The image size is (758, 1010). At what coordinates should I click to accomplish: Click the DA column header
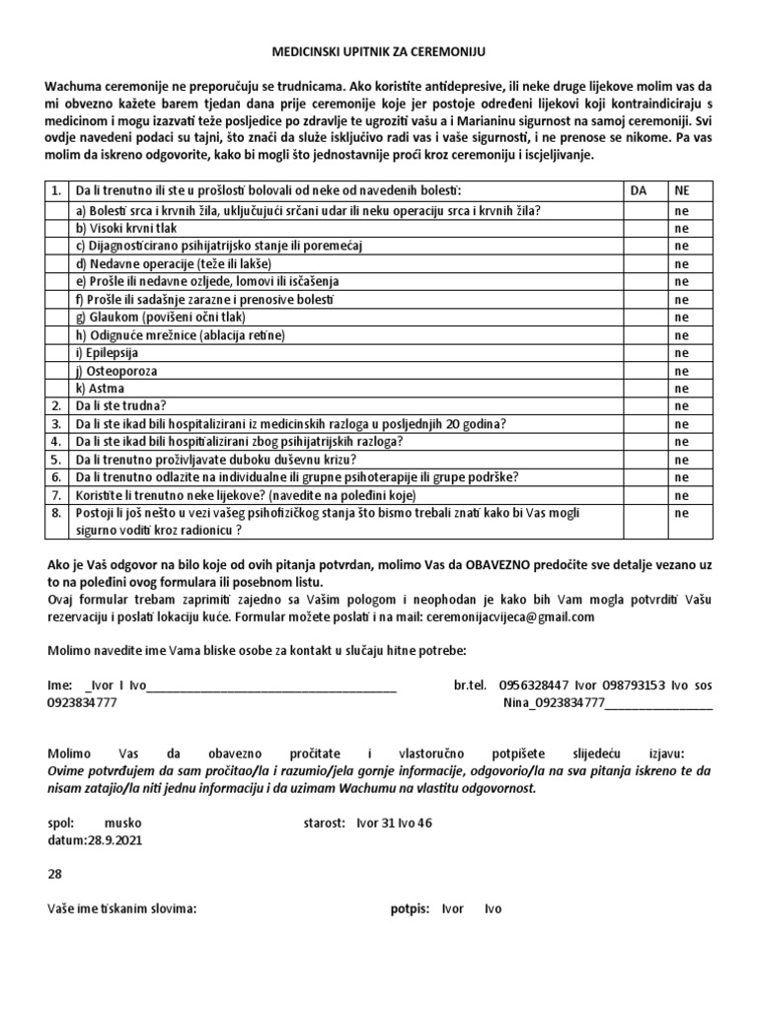(x=638, y=189)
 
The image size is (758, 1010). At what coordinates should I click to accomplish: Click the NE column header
(x=681, y=189)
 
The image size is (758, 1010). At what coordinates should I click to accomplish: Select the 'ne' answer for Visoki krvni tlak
(x=680, y=228)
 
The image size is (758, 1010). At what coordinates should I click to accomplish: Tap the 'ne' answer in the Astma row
(x=680, y=388)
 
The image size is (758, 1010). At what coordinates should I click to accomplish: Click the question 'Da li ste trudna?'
(x=122, y=405)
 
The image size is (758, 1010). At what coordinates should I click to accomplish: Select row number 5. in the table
(x=57, y=459)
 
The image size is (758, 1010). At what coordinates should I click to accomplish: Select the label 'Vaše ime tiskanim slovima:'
(x=122, y=908)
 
